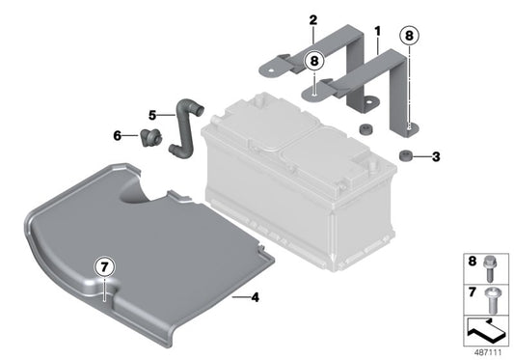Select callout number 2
(312, 20)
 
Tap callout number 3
(436, 155)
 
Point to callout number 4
(256, 296)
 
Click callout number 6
(119, 135)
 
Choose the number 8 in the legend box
(473, 260)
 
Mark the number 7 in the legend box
(473, 291)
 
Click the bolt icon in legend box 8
(493, 262)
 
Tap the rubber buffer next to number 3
(405, 155)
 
